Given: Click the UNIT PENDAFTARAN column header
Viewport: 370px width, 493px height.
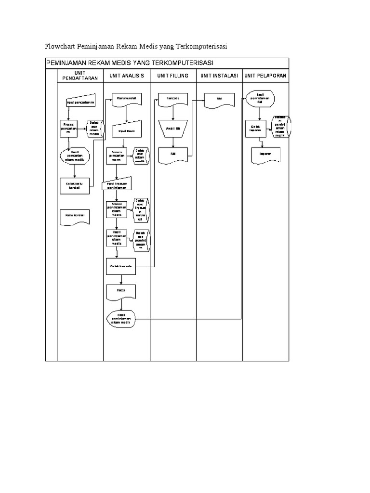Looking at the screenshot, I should point(80,76).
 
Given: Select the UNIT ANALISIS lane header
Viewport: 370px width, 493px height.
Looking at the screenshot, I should point(127,76).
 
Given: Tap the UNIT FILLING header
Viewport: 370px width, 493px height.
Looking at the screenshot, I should point(173,76).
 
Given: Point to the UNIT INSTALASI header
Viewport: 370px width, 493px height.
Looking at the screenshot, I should point(219,76).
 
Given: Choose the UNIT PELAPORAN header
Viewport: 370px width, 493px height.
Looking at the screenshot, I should point(265,76).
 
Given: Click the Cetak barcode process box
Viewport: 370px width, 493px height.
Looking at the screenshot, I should point(121,266).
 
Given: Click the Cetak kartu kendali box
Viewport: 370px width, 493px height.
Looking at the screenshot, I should point(74,185).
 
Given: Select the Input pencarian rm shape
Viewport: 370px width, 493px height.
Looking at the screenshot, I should point(80,103).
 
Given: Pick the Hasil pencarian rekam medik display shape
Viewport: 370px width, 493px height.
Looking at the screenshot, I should point(75,156).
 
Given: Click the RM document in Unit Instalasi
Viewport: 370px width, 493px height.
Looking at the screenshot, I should point(219,100).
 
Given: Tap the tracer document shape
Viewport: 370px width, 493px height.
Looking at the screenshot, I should point(121,291).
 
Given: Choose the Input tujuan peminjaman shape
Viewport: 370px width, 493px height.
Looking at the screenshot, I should point(117,185).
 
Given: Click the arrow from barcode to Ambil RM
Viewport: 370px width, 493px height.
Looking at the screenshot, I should point(173,113).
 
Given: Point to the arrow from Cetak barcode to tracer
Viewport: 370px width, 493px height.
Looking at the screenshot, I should point(121,279).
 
